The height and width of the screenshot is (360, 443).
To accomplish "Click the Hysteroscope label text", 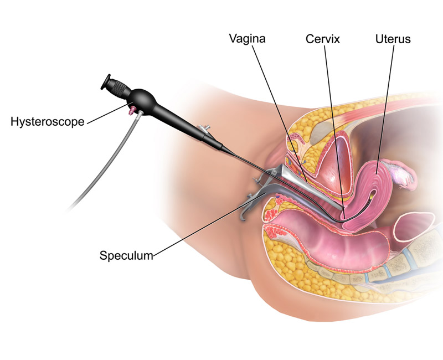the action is tap(48, 122).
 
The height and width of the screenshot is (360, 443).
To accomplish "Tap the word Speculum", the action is tap(126, 255).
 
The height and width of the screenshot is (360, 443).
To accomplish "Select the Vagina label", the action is tap(247, 38).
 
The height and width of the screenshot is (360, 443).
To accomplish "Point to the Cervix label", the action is tap(323, 39).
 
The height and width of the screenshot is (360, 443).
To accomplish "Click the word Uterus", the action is tap(393, 39).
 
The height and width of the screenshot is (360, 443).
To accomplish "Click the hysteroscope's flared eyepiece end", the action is tap(106, 81).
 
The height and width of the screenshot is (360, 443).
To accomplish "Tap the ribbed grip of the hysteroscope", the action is tap(119, 88).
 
